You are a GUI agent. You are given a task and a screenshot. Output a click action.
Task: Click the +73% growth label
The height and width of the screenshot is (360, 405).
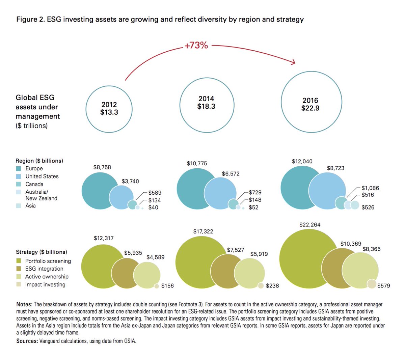point(196,45)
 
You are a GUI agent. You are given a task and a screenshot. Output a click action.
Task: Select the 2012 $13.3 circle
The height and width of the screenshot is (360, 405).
point(109,109)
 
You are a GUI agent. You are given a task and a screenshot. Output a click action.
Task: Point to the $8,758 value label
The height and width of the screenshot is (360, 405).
point(102,167)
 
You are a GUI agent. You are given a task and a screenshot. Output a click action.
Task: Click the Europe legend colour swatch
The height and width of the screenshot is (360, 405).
point(19,168)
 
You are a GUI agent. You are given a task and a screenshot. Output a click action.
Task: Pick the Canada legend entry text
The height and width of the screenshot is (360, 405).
point(34,184)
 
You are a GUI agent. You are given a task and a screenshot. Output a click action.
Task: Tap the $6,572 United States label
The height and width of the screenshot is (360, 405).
point(231,174)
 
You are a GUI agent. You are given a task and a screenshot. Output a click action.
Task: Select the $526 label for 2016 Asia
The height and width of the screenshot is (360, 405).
point(368,207)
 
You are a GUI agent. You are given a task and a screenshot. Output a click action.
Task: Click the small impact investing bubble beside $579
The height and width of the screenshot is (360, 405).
point(371,284)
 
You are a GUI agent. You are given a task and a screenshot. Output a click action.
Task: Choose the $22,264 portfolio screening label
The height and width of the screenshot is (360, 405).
point(309,225)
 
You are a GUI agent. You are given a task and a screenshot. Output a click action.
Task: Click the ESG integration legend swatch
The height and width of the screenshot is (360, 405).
point(19,269)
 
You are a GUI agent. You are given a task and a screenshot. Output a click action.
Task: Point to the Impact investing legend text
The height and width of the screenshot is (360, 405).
point(45,284)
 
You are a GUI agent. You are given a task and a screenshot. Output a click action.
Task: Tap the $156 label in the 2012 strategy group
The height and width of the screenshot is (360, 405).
point(167,286)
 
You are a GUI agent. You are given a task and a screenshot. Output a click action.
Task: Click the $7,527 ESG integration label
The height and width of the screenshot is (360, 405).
point(235,250)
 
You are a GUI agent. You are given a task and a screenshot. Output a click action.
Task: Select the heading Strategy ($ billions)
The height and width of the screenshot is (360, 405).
point(41,252)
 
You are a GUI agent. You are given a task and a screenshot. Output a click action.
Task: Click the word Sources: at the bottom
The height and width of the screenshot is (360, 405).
point(27,341)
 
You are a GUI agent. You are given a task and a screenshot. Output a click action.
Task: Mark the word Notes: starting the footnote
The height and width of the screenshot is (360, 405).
point(24,304)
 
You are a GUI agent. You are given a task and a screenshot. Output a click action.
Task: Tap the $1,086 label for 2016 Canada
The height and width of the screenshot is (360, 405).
point(370,188)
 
